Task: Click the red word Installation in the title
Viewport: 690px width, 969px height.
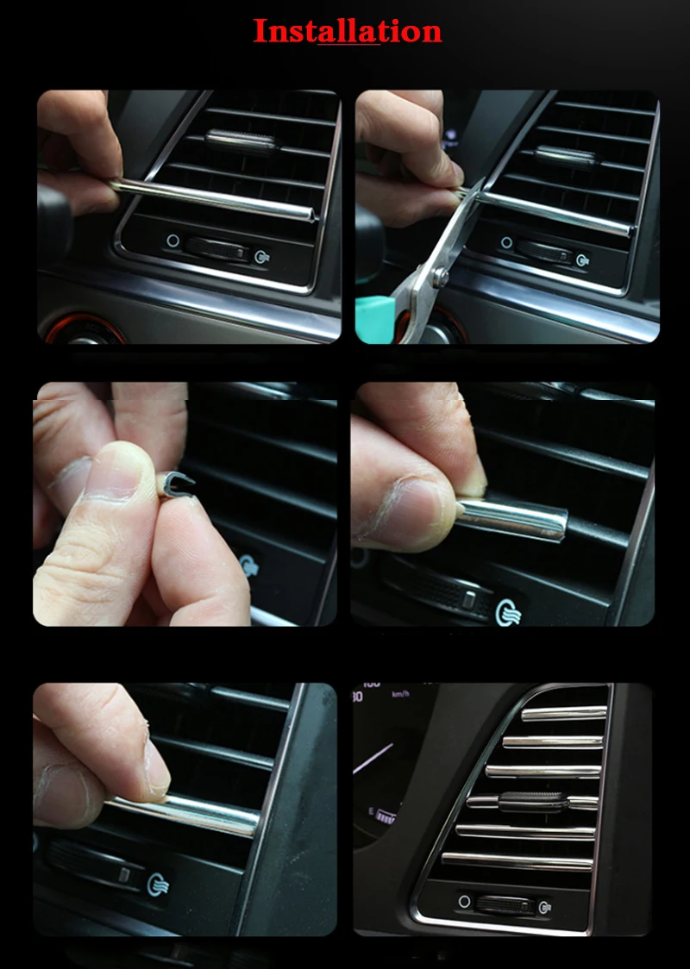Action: [348, 31]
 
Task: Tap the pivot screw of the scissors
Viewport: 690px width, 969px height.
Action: [440, 276]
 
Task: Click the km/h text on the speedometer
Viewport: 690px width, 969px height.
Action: [400, 694]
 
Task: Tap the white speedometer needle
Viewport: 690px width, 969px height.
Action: [373, 759]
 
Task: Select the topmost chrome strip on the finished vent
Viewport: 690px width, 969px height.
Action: [564, 713]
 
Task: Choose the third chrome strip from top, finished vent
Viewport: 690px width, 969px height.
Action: [543, 772]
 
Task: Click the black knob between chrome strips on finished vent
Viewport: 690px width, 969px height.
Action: [532, 802]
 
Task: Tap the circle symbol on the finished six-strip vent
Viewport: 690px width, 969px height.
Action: [464, 901]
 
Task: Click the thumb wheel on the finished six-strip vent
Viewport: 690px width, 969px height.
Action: [505, 904]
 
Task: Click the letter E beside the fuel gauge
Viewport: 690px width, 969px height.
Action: [371, 811]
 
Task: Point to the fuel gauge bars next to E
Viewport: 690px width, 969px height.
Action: [386, 816]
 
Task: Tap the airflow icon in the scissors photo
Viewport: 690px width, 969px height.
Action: [582, 260]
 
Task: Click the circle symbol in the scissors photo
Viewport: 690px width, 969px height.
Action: [506, 242]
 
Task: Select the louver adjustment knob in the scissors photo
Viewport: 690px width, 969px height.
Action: [567, 156]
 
